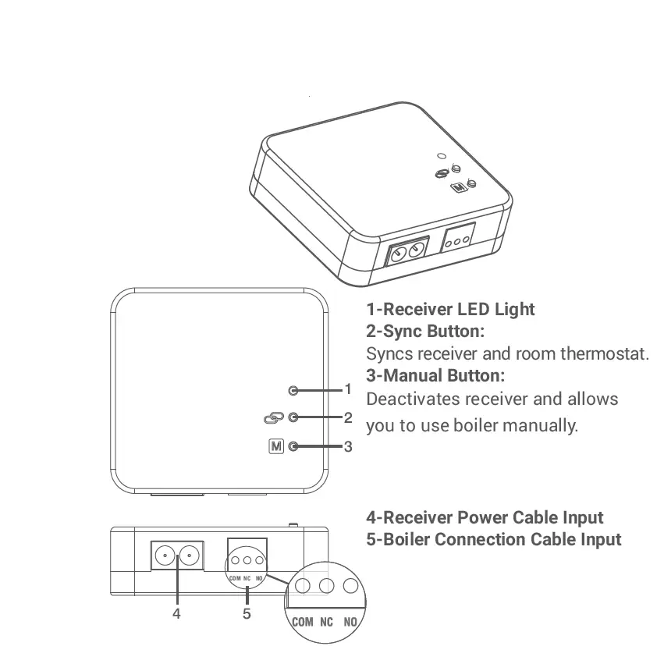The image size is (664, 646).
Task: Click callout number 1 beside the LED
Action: (349, 389)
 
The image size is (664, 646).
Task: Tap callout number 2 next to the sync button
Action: (349, 417)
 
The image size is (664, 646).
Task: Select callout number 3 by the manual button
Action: (349, 446)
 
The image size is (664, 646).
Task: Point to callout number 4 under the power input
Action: (176, 613)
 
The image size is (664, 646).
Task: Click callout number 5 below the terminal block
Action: (247, 613)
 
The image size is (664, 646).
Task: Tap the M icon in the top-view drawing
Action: (275, 446)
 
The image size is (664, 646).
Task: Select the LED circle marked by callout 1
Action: (293, 389)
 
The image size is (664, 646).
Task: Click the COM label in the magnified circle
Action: (303, 622)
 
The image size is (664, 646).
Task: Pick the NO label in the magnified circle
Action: (350, 622)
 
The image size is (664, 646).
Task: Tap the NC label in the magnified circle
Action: (327, 622)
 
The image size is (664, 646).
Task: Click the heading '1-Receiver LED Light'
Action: (450, 309)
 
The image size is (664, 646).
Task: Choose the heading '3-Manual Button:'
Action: (435, 375)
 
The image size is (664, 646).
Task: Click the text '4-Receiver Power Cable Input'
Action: (485, 517)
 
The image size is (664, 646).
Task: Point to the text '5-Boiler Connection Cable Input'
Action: (494, 539)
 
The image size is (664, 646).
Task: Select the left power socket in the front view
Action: (165, 555)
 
